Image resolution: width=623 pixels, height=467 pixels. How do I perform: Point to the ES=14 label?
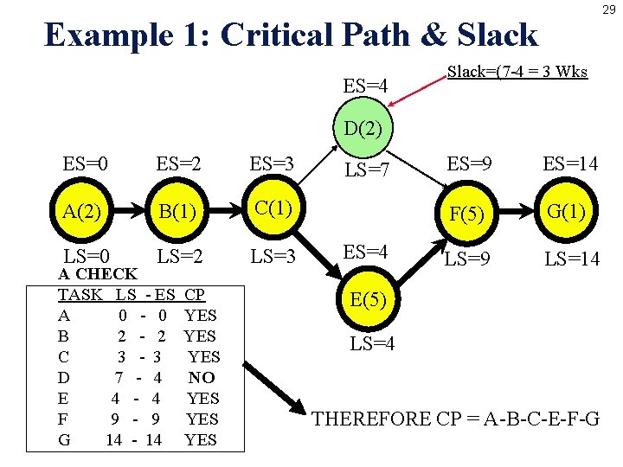(570, 163)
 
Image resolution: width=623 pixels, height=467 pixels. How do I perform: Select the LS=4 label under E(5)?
(373, 343)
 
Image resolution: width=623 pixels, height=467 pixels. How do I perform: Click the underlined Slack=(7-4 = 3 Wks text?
(517, 72)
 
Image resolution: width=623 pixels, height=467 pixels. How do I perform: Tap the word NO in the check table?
(202, 377)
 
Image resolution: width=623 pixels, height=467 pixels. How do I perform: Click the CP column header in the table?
(195, 294)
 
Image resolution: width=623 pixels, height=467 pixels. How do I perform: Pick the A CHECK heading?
(97, 274)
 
